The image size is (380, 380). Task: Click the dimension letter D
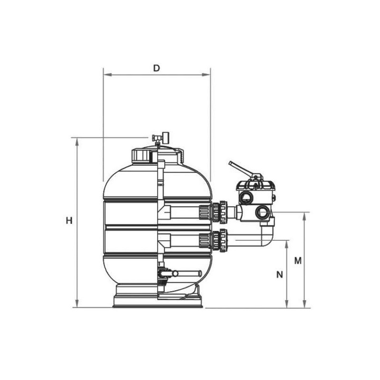click(157, 68)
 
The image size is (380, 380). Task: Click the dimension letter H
click(69, 221)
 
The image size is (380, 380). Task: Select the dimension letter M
click(298, 261)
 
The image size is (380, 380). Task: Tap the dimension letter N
click(280, 275)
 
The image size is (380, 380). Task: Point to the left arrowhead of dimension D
click(108, 75)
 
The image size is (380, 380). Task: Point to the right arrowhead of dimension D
click(206, 75)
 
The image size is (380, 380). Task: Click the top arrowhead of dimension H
click(77, 142)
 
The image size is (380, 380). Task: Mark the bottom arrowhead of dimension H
click(77, 304)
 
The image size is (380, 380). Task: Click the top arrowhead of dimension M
click(304, 217)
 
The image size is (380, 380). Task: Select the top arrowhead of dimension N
click(287, 245)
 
